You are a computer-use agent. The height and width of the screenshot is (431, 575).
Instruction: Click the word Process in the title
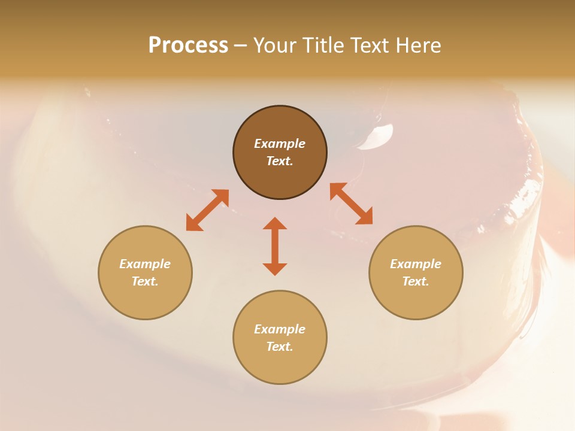click(188, 45)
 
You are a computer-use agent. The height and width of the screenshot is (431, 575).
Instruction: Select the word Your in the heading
click(276, 45)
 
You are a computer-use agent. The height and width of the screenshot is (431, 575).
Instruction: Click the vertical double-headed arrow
click(275, 246)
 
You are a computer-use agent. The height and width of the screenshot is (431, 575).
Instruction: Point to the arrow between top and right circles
click(352, 204)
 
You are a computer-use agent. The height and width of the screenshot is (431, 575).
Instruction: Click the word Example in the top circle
click(280, 144)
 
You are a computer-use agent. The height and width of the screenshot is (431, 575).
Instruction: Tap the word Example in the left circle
click(145, 264)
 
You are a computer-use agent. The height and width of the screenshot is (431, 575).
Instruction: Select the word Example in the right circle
click(416, 264)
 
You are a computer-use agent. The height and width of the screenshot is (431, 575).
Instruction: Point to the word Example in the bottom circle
click(280, 329)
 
